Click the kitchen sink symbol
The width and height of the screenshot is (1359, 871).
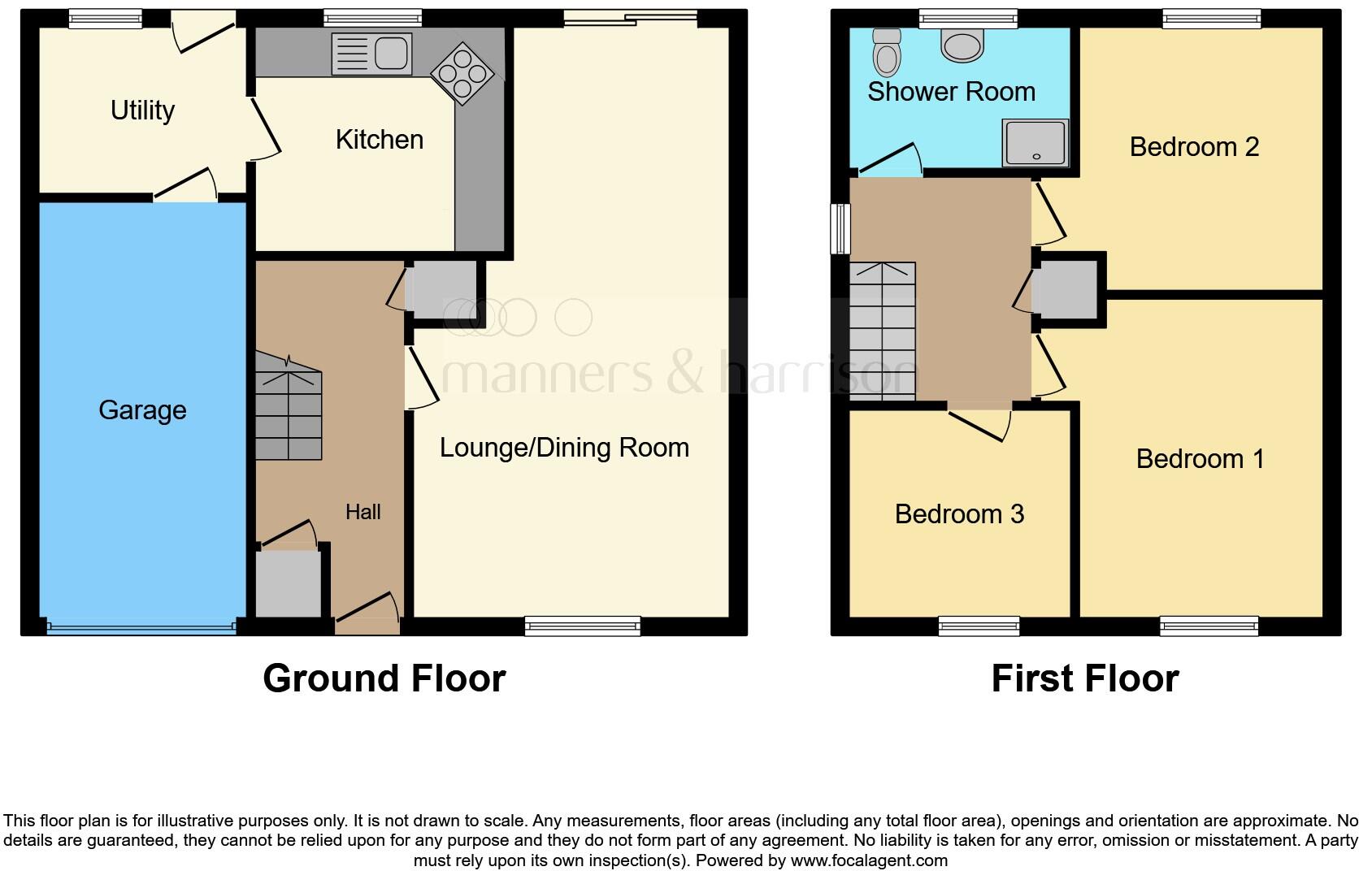pyautogui.click(x=371, y=54)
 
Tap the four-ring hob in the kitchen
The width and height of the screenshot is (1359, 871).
pyautogui.click(x=462, y=74)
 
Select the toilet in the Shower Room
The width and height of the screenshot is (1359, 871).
pyautogui.click(x=886, y=51)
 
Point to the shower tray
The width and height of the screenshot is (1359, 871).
pyautogui.click(x=1035, y=143)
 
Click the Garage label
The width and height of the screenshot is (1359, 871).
pyautogui.click(x=142, y=410)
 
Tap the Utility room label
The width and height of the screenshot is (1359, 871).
pyautogui.click(x=142, y=110)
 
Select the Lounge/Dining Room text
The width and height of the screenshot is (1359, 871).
pyautogui.click(x=564, y=448)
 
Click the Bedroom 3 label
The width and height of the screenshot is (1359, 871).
pyautogui.click(x=959, y=514)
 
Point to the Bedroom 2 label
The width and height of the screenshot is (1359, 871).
pyautogui.click(x=1194, y=147)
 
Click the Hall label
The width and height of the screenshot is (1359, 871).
pyautogui.click(x=363, y=512)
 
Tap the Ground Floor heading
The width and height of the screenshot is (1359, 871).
pyautogui.click(x=384, y=678)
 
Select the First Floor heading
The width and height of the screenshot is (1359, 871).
pyautogui.click(x=1084, y=678)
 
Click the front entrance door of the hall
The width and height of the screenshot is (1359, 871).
pyautogui.click(x=367, y=616)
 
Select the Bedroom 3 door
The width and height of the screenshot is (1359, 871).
pyautogui.click(x=979, y=418)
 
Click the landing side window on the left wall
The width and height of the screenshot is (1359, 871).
pyautogui.click(x=840, y=228)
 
